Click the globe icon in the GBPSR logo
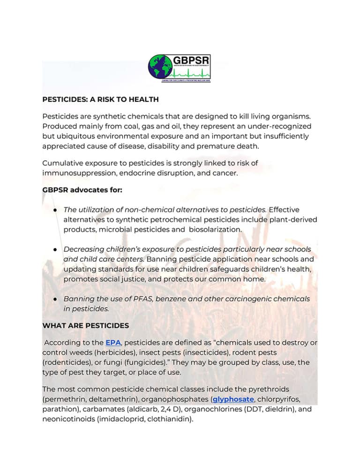coord(160,67)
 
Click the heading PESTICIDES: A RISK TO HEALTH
coord(100,99)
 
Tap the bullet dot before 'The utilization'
coord(55,210)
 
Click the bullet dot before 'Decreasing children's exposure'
coord(55,249)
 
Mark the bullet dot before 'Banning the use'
coord(55,299)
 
